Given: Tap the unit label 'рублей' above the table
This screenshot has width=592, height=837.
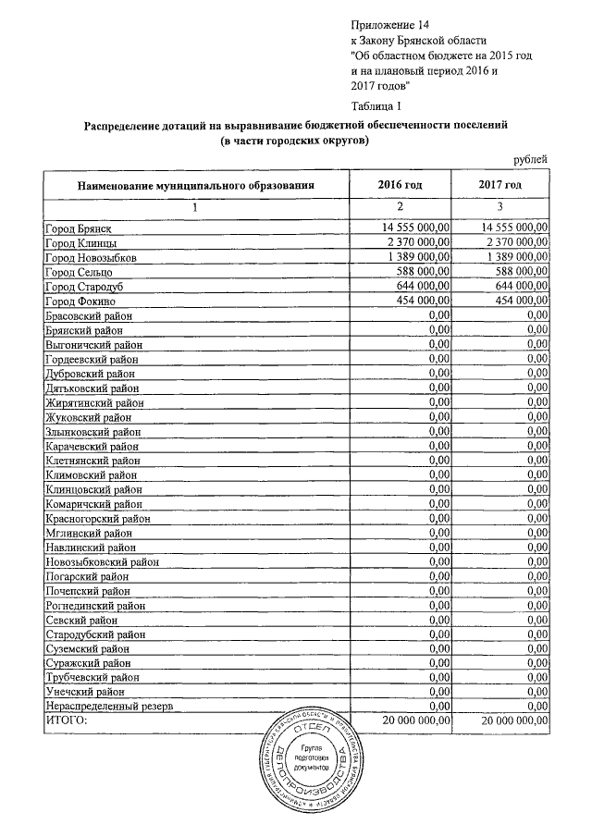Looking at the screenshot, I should point(531,161).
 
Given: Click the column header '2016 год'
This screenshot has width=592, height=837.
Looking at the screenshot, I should point(401,185).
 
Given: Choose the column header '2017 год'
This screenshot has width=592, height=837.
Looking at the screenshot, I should point(500,185).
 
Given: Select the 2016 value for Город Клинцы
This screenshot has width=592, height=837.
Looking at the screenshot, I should point(415,242).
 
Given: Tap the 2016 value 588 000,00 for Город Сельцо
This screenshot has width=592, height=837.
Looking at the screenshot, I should point(421,272).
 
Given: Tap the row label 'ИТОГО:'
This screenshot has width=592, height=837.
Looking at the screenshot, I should point(66,721).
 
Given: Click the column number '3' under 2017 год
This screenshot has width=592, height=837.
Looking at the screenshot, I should point(499,206).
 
